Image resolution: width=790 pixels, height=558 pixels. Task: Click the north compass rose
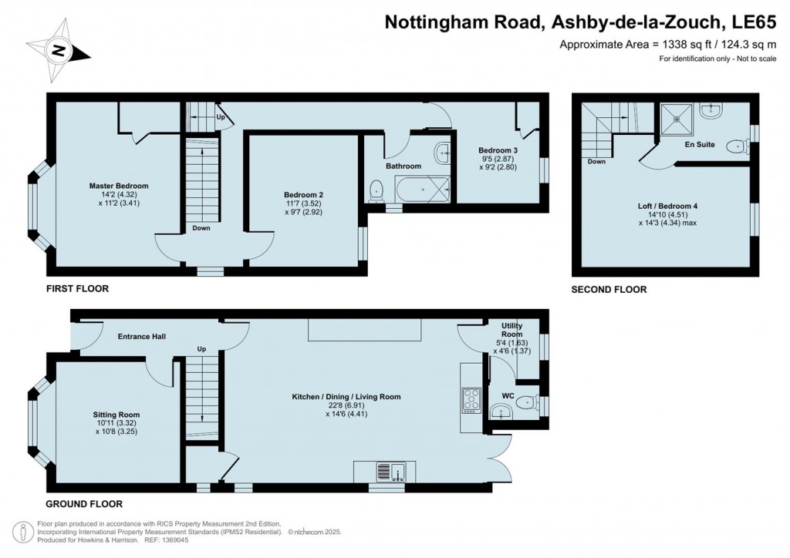point(59,52)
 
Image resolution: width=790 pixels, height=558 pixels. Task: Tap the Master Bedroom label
point(118,186)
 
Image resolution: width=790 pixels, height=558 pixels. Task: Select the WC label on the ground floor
point(508,395)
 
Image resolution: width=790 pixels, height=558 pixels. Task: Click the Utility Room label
point(511,330)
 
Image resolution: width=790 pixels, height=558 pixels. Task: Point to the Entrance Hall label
point(141,337)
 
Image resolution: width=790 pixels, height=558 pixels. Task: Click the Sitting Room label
point(117,415)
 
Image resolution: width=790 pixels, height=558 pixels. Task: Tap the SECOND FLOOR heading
point(609,290)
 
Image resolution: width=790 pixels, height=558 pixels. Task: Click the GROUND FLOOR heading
point(84,504)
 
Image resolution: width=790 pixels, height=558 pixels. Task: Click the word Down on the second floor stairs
point(596,162)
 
